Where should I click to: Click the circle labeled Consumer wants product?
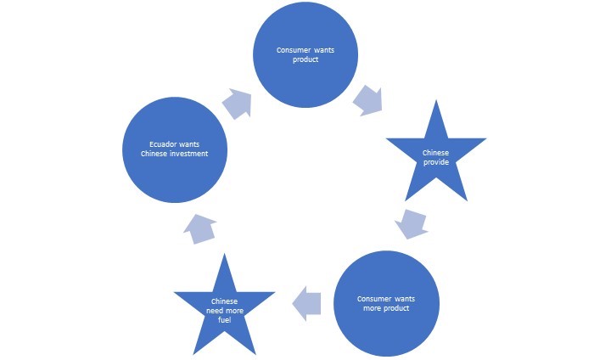coord(305,56)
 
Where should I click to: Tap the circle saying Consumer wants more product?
coord(386,302)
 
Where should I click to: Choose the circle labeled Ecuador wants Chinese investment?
coord(175,149)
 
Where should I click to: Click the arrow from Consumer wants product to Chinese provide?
coord(367,99)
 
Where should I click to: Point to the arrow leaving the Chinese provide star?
coord(412,224)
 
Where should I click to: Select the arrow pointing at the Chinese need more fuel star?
coord(307,302)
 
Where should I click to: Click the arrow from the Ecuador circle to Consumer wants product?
coord(237,104)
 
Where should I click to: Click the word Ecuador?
coord(161,143)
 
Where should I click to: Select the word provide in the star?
coord(435,161)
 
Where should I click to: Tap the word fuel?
coord(224,320)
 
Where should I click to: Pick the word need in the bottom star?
coord(216,311)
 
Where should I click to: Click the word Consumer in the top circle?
coord(293,50)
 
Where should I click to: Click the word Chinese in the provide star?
coord(435,153)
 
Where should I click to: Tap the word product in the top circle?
coord(305,59)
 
